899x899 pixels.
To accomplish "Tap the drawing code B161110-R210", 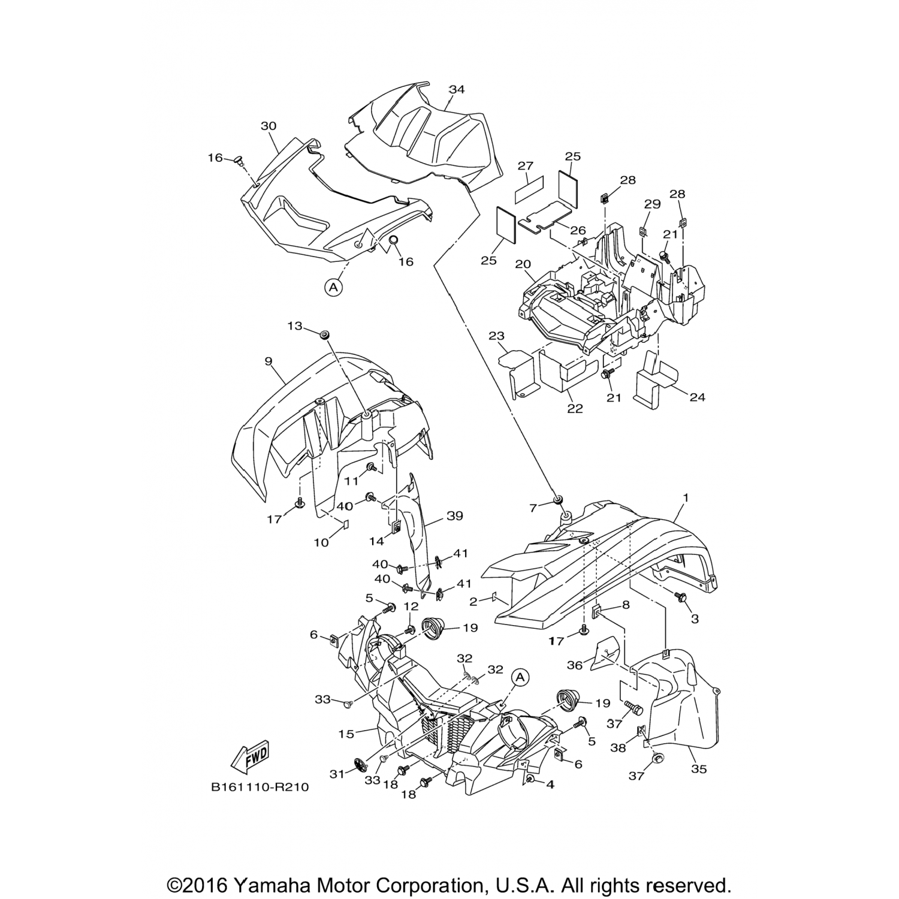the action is pos(260,787).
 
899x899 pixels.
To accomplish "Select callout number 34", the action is pos(457,90).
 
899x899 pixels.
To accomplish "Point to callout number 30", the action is pos(269,126).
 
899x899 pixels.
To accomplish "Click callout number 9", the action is pos(269,361).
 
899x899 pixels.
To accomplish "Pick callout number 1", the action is pos(686,497).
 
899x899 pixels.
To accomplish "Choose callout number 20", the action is pos(523,264).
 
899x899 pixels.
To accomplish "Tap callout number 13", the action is pos(295,325).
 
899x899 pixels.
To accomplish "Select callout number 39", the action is pos(455,516).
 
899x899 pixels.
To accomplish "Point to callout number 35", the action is pos(699,769).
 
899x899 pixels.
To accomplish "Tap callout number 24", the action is pos(697,397).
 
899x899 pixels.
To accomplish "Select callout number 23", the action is pos(496,336).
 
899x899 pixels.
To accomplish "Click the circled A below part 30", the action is pos(334,288).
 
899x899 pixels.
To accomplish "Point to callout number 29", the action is pos(652,204).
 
